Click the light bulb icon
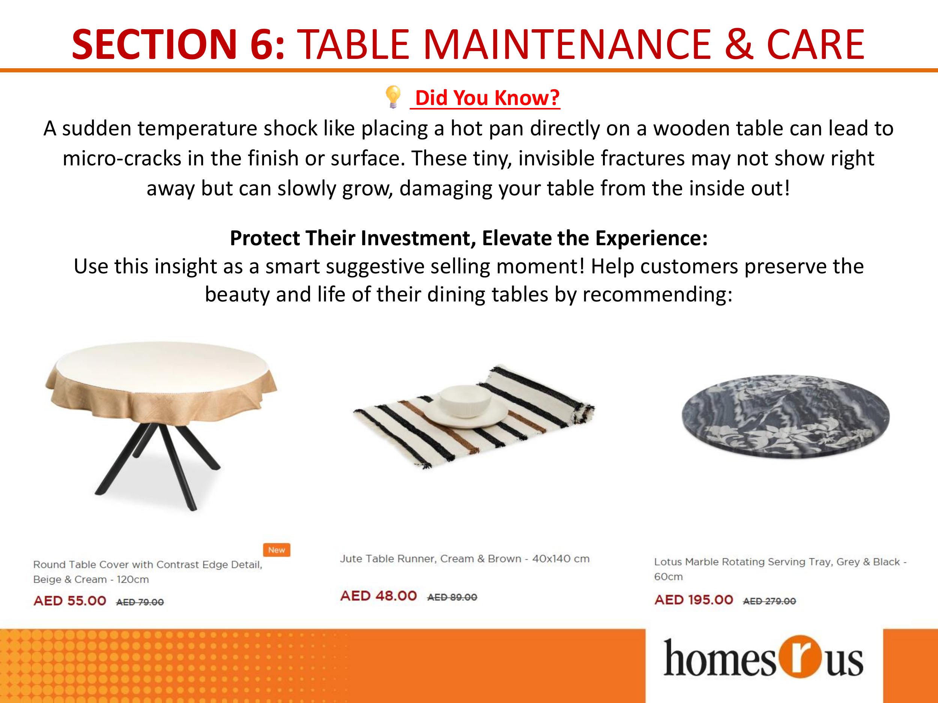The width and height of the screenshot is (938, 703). click(393, 97)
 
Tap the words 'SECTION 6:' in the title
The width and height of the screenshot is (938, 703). click(179, 44)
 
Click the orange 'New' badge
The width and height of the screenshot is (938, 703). click(277, 550)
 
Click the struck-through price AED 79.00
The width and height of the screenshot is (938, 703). click(140, 602)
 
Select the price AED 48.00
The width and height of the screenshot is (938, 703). click(378, 595)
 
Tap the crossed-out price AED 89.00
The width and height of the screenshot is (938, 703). click(452, 597)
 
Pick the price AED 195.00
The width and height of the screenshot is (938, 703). click(693, 600)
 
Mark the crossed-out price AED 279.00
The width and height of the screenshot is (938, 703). click(769, 601)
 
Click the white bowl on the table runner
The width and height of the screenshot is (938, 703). click(466, 400)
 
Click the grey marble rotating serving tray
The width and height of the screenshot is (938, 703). click(785, 416)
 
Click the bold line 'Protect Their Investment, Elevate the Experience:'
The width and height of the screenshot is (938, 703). click(469, 238)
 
